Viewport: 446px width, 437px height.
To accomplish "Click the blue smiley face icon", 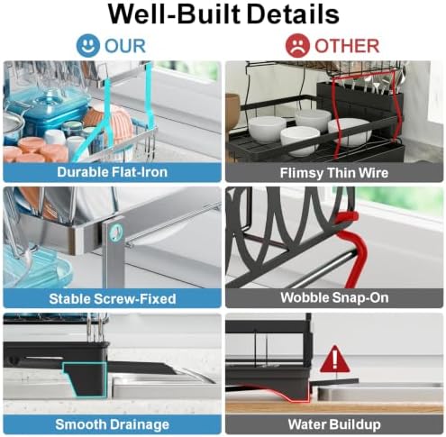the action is [87, 45].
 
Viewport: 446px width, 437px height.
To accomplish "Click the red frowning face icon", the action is [297, 46].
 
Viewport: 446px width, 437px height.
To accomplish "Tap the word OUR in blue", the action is [125, 46].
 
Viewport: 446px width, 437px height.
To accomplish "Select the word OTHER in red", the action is [347, 46].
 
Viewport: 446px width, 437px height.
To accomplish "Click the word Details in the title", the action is [293, 14].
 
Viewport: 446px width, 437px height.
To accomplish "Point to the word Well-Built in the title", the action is [174, 14].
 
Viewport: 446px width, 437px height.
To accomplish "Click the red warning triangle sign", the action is [334, 360].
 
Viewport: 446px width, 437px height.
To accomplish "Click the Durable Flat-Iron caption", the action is [112, 172].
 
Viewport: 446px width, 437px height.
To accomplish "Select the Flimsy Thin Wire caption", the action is [334, 173].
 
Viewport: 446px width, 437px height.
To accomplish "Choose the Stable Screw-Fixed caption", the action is [113, 299].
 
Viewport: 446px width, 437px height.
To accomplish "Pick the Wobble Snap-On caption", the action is [334, 297].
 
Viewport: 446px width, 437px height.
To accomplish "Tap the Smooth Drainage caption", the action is [112, 424].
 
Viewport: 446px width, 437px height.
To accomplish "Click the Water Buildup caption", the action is [334, 424].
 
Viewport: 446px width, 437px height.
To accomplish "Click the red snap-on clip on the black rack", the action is [350, 250].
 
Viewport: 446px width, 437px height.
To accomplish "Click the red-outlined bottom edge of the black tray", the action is [270, 393].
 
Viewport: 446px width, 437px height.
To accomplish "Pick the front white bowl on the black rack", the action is [300, 141].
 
